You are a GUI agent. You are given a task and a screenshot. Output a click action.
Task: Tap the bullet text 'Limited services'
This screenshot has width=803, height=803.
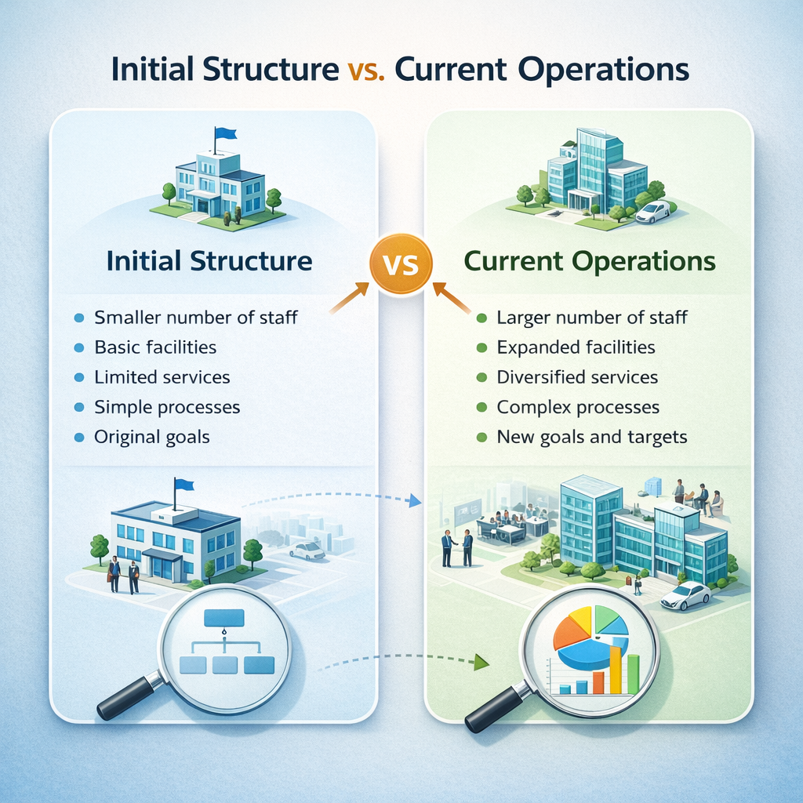tap(162, 377)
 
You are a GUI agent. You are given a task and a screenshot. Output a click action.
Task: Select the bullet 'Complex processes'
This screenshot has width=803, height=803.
tap(578, 408)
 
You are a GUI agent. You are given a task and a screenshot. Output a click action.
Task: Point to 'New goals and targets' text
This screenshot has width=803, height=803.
tap(592, 438)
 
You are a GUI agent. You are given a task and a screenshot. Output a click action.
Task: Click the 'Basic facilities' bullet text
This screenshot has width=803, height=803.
tap(155, 347)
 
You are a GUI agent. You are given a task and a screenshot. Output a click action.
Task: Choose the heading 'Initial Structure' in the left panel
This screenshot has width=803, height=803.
tap(209, 261)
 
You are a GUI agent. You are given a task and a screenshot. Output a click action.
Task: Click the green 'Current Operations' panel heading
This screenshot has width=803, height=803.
tap(590, 261)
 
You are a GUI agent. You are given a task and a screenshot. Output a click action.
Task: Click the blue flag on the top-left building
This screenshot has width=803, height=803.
tap(225, 134)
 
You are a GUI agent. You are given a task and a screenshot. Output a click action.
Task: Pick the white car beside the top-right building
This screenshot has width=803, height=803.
tap(652, 212)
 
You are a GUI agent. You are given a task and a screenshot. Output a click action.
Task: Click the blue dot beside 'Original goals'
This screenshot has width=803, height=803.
tap(78, 438)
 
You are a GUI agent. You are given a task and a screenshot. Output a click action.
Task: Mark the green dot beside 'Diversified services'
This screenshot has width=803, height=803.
tap(481, 378)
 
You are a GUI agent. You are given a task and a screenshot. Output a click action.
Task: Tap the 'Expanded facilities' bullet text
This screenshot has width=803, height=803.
tap(576, 347)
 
